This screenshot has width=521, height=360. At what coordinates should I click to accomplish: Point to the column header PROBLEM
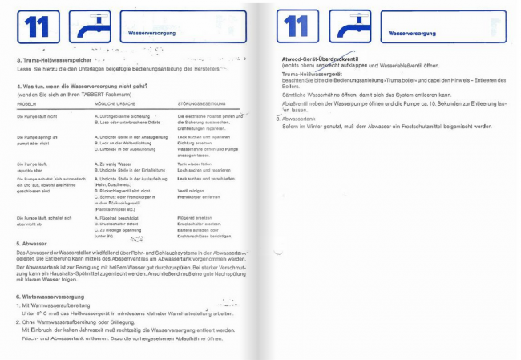(26, 105)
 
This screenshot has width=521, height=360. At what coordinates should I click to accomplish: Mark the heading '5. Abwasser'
(32, 243)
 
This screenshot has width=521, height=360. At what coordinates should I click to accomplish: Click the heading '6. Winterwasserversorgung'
(50, 297)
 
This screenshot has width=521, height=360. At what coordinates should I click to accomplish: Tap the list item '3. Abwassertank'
(298, 119)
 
